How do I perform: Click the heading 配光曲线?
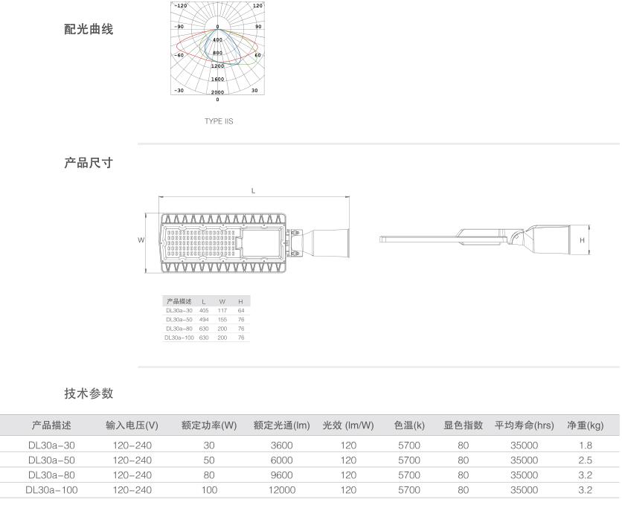[89, 30]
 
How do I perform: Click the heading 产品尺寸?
[89, 163]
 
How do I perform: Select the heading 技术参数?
[89, 393]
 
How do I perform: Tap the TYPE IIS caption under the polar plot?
[219, 120]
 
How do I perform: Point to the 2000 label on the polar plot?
[217, 91]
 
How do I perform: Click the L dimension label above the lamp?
[253, 191]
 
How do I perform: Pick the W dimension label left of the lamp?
[141, 240]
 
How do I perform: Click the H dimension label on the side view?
[583, 240]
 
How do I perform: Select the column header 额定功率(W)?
[209, 425]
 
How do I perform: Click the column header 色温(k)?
[409, 425]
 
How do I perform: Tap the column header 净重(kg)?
[586, 425]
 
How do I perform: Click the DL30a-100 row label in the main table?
[52, 489]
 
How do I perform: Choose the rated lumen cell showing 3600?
[282, 445]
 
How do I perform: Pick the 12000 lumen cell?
[282, 489]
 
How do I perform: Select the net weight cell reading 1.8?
[586, 445]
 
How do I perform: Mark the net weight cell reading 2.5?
[586, 460]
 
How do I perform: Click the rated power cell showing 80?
[209, 475]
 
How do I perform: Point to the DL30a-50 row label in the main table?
[52, 460]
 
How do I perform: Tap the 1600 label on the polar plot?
[217, 79]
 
